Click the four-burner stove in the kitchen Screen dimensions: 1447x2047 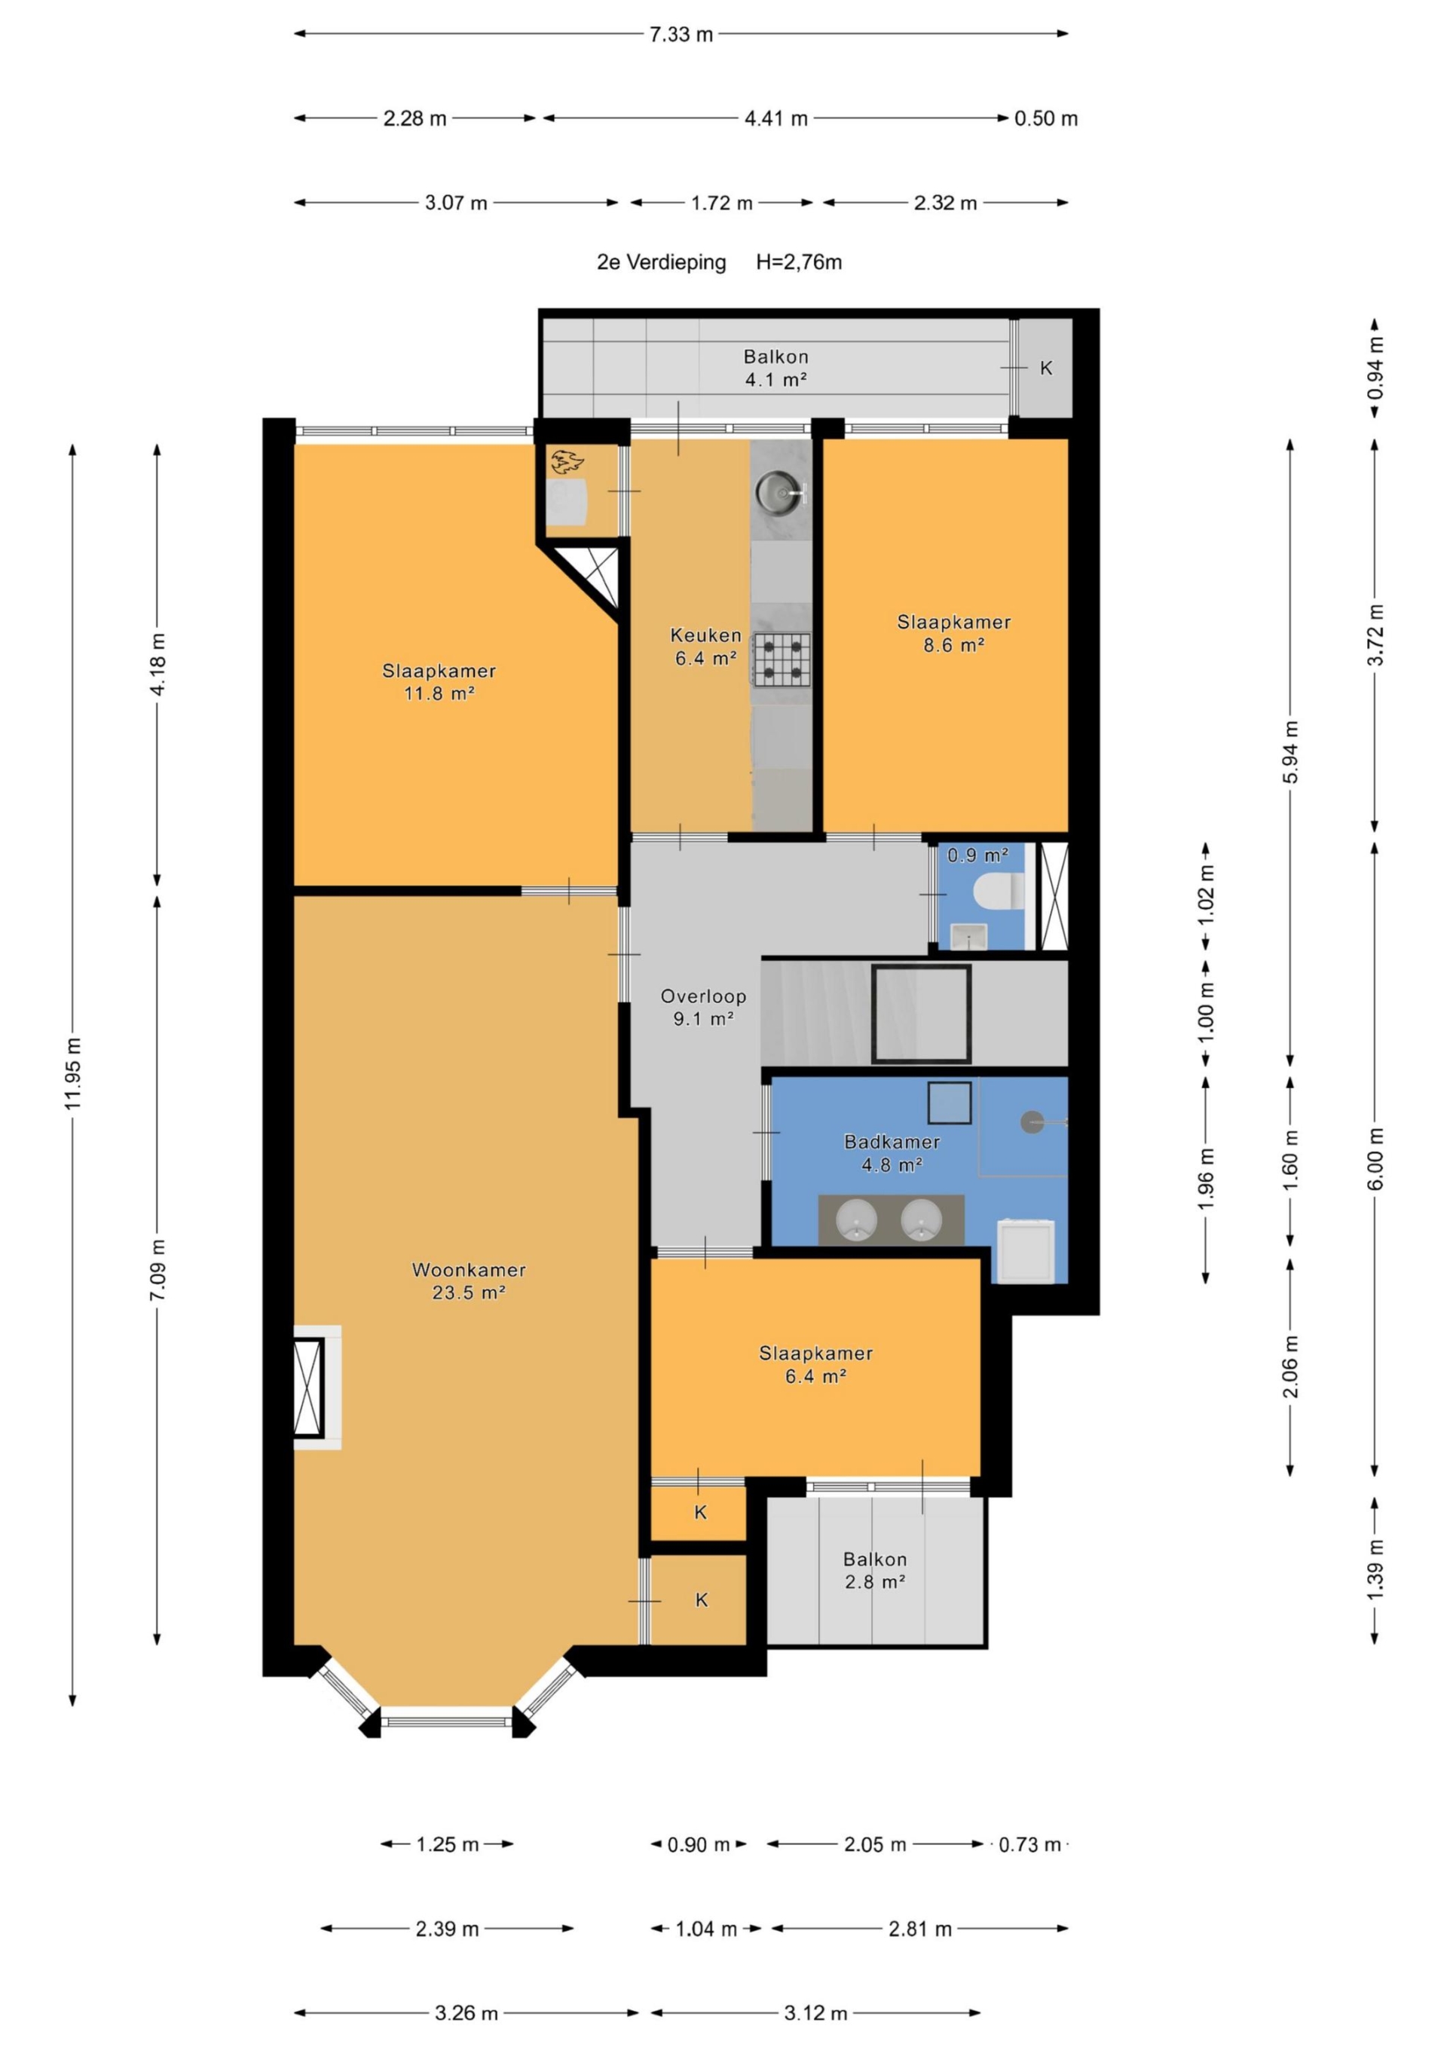pos(782,659)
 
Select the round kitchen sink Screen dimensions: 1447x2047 pos(779,491)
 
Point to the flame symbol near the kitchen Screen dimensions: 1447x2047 pos(566,461)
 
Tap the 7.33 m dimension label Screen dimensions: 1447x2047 pos(681,35)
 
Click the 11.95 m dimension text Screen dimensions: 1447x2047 pos(72,1073)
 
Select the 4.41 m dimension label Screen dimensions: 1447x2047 pos(776,118)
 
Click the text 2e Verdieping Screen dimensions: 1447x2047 pos(662,262)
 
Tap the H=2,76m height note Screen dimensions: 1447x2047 pos(799,262)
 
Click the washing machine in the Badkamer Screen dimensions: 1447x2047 pos(1024,1250)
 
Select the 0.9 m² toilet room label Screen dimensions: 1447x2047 pos(977,855)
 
